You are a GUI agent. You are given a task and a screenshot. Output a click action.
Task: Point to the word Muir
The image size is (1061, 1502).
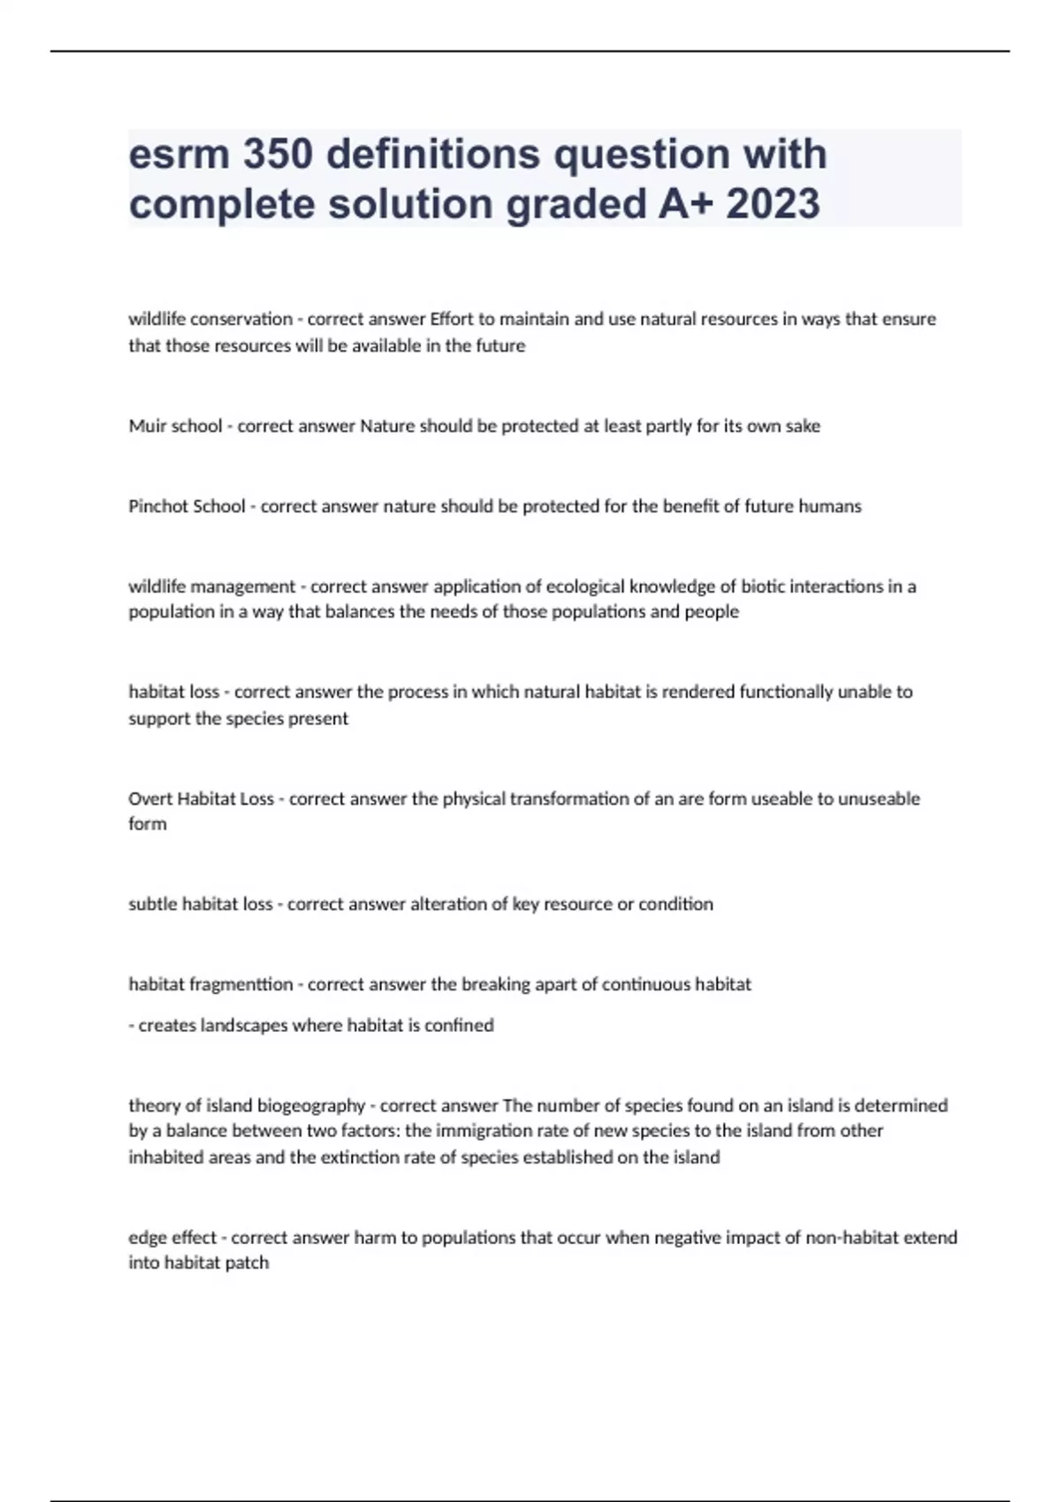point(147,426)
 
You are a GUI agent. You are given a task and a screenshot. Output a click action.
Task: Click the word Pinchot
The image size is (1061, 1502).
point(156,506)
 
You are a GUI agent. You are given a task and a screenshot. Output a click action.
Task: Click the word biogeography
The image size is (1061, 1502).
point(310,1105)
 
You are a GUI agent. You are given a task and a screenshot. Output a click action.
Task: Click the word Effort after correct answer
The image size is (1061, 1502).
point(452,319)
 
